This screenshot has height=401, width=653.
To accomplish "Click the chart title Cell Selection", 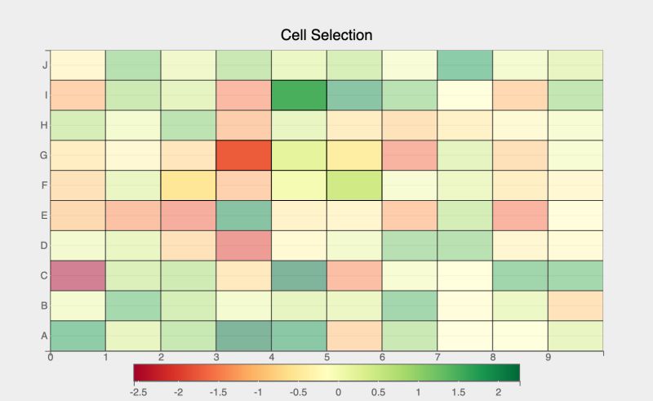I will (x=326, y=35).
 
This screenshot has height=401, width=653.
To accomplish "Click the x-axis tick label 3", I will (x=216, y=357).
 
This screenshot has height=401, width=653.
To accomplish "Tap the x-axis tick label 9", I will (x=548, y=357).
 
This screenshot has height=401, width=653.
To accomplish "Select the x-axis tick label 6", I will (x=382, y=357).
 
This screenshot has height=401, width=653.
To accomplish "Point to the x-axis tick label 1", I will (x=106, y=357).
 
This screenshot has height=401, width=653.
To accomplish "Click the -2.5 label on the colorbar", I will (x=139, y=392).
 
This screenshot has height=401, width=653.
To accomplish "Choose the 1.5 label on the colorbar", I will (x=459, y=392).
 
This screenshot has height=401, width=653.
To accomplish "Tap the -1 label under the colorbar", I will (x=259, y=392).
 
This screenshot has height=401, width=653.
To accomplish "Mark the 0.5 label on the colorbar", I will (x=379, y=392).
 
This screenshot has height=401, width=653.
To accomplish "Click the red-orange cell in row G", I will (x=243, y=155).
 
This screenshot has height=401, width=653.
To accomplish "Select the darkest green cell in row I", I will (x=299, y=95).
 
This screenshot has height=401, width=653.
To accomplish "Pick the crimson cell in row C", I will (x=78, y=275).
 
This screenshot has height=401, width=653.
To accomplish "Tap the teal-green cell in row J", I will (x=464, y=65).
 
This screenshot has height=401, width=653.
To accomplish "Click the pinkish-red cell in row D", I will (x=243, y=245).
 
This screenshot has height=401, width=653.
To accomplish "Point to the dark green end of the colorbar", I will (x=514, y=372).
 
